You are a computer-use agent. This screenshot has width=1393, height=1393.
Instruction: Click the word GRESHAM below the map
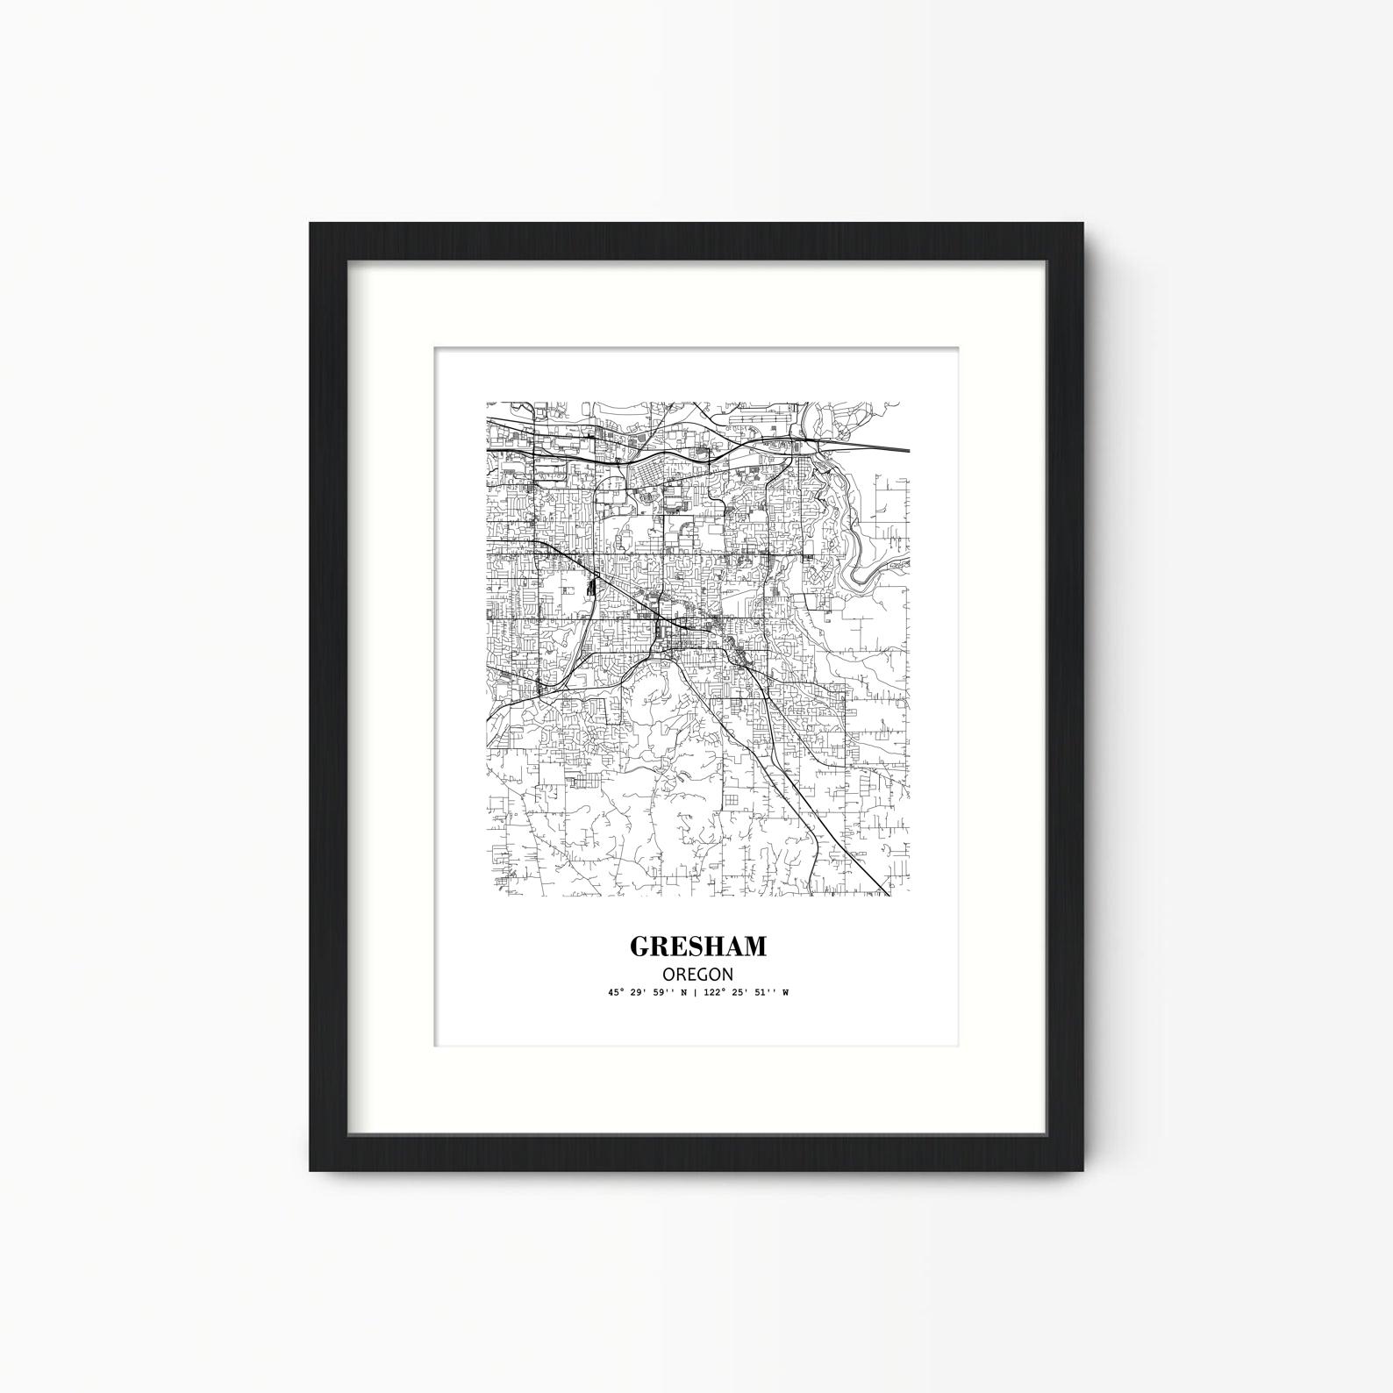click(x=697, y=947)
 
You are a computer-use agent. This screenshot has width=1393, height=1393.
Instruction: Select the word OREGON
click(x=697, y=974)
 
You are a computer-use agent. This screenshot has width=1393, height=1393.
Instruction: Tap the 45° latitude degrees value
click(x=613, y=993)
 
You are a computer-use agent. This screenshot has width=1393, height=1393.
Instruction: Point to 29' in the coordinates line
click(x=636, y=993)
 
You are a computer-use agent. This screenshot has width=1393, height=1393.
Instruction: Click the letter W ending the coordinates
click(x=785, y=993)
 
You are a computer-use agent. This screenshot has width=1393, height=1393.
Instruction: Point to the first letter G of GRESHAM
click(x=639, y=947)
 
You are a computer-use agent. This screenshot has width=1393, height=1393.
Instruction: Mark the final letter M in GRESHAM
click(x=754, y=947)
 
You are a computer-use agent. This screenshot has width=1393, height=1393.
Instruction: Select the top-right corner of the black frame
click(x=1083, y=225)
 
